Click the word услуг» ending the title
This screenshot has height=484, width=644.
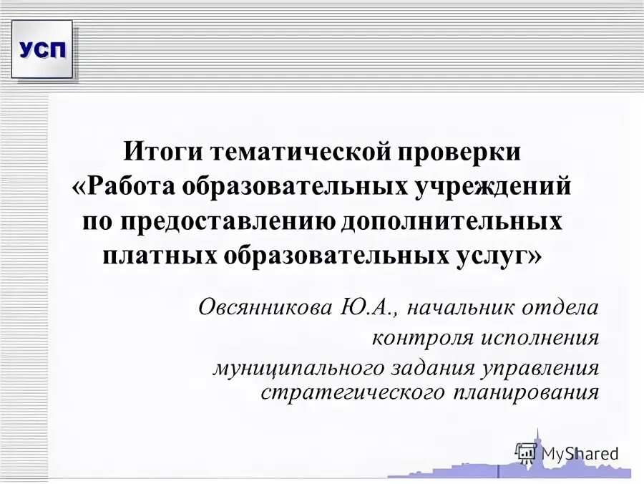(502, 255)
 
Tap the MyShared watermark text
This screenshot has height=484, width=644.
(579, 452)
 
